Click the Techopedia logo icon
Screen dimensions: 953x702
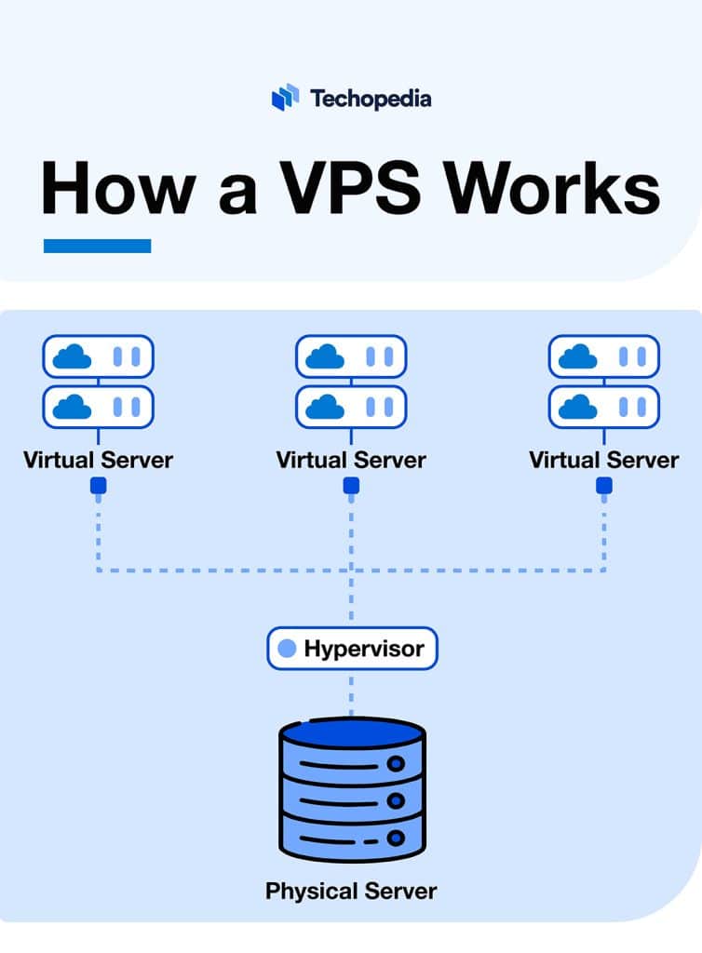pyautogui.click(x=285, y=97)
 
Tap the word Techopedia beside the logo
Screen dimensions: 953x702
pyautogui.click(x=371, y=98)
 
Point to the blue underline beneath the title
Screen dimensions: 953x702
pyautogui.click(x=97, y=246)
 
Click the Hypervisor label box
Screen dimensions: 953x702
pyautogui.click(x=352, y=648)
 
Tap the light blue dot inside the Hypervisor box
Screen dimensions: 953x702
pyautogui.click(x=288, y=648)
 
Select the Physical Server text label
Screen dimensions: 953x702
pyautogui.click(x=351, y=891)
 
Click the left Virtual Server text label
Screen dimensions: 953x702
pyautogui.click(x=98, y=460)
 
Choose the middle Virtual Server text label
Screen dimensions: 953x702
pyautogui.click(x=351, y=460)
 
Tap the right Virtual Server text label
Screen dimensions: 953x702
pyautogui.click(x=604, y=460)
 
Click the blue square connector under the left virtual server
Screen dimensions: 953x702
pyautogui.click(x=98, y=486)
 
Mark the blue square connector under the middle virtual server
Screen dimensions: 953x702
pyautogui.click(x=351, y=486)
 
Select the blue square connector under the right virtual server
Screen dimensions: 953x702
pyautogui.click(x=604, y=486)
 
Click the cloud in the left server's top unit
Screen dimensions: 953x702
pyautogui.click(x=73, y=356)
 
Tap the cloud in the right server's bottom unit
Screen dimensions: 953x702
pyautogui.click(x=579, y=406)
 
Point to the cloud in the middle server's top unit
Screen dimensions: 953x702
pyautogui.click(x=326, y=356)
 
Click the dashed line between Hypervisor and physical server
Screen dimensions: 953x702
pyautogui.click(x=352, y=693)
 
